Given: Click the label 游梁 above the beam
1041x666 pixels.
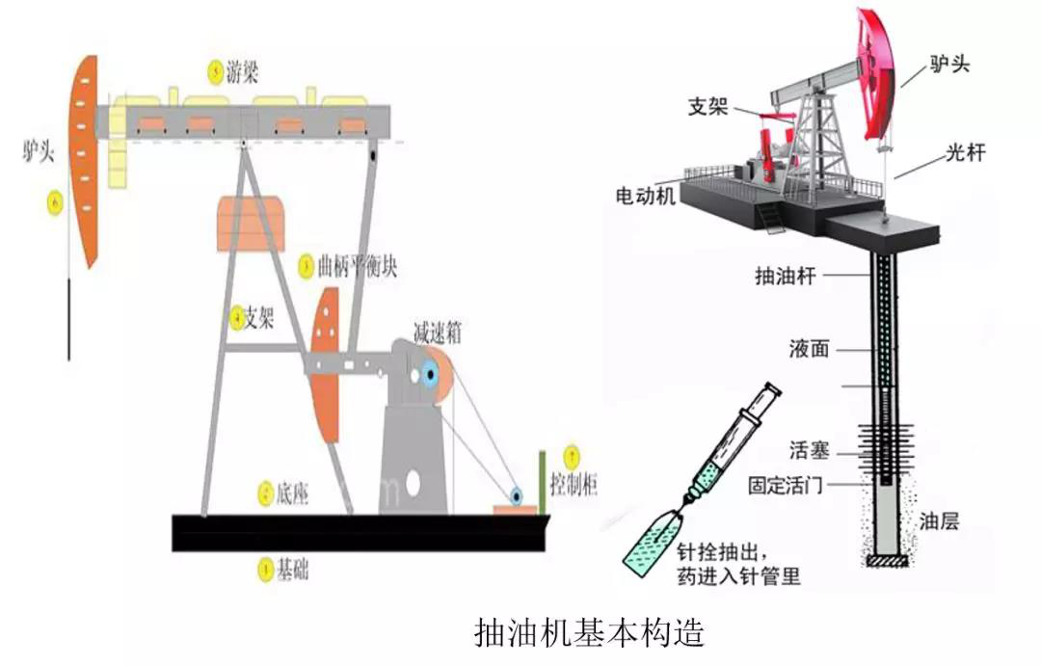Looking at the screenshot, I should coord(242,70).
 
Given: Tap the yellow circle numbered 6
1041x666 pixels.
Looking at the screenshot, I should coord(54,202).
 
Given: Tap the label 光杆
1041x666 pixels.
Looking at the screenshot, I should coord(964,152).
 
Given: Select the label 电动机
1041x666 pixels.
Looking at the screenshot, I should coord(646,196).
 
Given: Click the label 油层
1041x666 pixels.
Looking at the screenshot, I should coord(938,521).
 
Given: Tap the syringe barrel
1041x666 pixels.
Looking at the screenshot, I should coord(733,440).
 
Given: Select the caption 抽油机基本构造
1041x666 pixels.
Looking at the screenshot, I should coord(590,632).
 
